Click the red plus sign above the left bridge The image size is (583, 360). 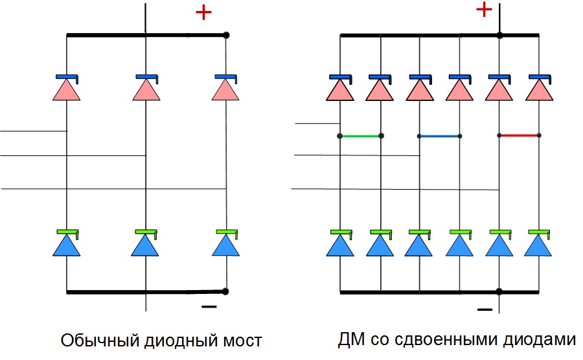click(203, 12)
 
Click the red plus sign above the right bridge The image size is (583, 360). click(484, 10)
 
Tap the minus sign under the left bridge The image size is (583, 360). click(209, 306)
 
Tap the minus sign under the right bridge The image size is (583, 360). click(485, 310)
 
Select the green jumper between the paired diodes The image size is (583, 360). click(360, 136)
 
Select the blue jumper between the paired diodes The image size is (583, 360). click(440, 136)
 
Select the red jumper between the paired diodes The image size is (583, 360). click(519, 136)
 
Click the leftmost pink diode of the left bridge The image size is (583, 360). click(67, 89)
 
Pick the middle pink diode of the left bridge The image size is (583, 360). click(146, 89)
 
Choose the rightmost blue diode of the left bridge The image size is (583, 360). click(225, 244)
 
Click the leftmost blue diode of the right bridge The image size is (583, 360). click(341, 244)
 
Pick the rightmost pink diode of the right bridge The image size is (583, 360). click(539, 89)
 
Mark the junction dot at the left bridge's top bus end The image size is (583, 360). click(225, 35)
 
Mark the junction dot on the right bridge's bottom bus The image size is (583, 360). click(499, 292)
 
